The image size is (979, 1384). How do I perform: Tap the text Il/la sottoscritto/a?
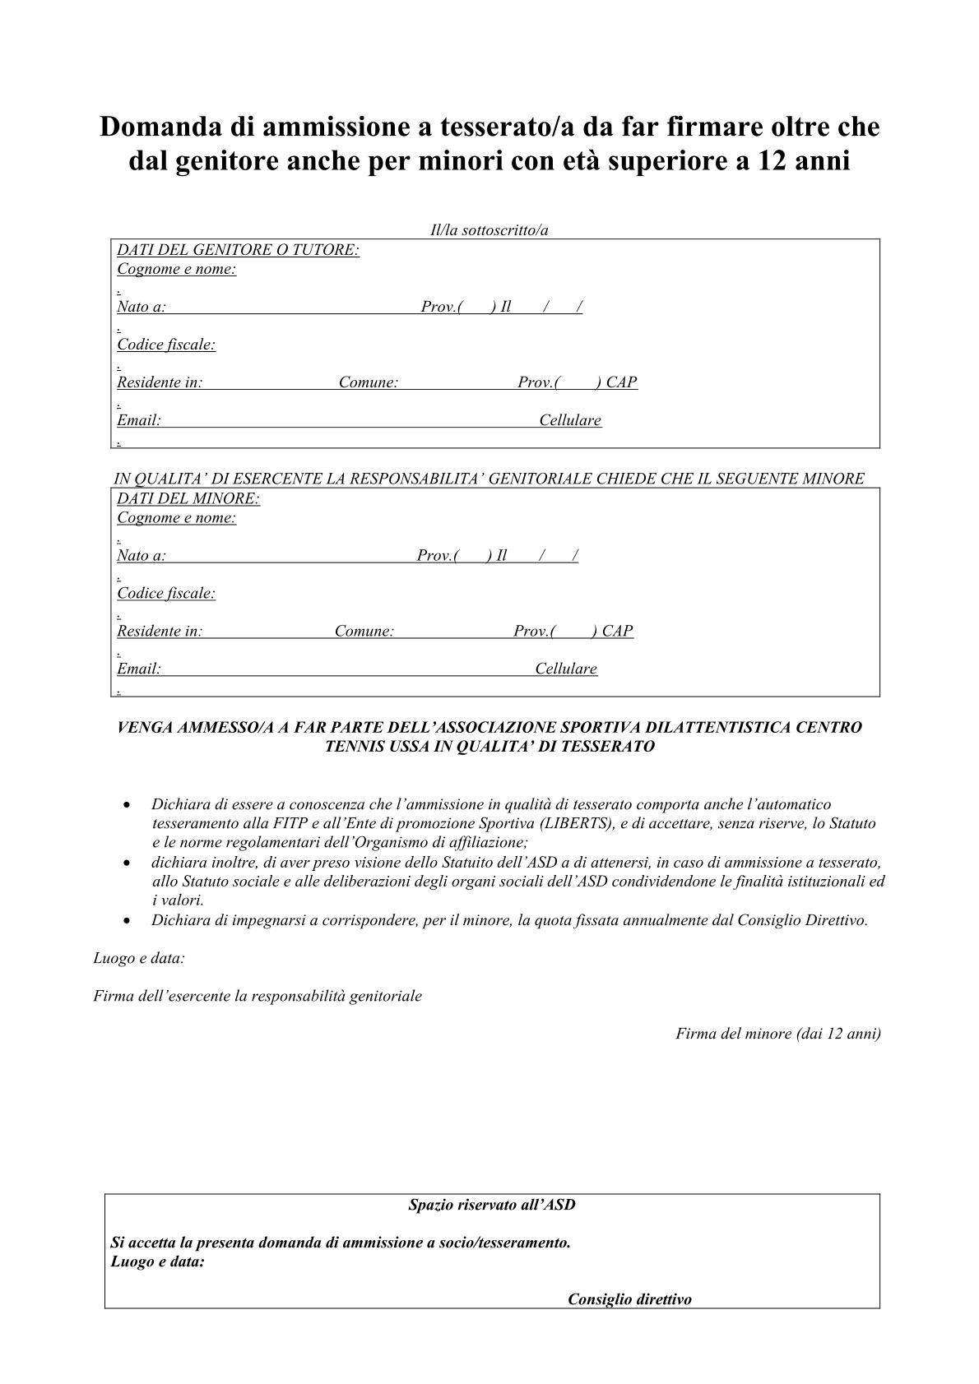[489, 230]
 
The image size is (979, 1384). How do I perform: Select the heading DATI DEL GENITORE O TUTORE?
[238, 249]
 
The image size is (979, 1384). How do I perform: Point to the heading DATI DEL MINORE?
[188, 498]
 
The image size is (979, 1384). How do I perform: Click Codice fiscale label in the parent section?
[166, 345]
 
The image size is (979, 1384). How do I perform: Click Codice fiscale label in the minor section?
[166, 593]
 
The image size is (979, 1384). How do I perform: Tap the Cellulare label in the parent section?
[570, 420]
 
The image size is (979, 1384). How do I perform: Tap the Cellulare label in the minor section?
[566, 669]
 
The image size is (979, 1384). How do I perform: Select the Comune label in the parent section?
[369, 382]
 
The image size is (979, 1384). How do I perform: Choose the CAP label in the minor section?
[617, 631]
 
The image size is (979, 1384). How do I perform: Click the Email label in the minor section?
[138, 669]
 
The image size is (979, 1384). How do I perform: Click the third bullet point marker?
[126, 921]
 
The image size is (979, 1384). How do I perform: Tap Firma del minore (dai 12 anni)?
[777, 1034]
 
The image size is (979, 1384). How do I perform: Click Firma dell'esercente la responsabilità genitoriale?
[258, 996]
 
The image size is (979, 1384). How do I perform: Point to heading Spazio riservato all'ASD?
[492, 1205]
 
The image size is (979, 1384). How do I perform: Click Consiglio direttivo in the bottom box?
[629, 1299]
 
